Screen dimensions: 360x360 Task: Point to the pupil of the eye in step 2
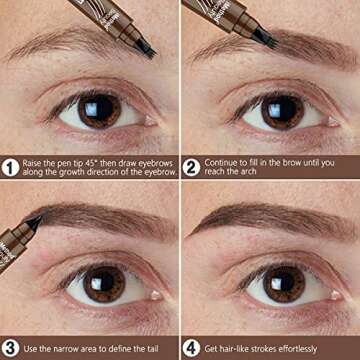tap(271, 110)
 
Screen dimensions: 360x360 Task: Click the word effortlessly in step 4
tap(317, 347)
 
